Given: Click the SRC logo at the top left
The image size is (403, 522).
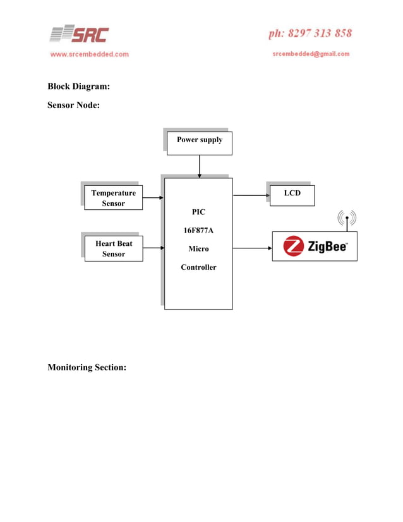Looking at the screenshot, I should [80, 34].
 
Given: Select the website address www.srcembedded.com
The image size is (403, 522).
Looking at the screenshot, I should [90, 54].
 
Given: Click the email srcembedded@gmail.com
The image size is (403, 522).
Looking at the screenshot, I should [311, 54].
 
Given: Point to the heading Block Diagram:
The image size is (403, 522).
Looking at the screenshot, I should [79, 87].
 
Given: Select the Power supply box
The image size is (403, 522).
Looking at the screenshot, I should [199, 143].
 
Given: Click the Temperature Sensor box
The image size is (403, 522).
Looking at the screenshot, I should [114, 198].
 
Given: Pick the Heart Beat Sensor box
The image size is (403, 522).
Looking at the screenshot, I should [114, 248].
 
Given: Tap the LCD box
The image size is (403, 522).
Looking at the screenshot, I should [292, 195].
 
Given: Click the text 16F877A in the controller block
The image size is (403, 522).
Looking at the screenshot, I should [198, 231].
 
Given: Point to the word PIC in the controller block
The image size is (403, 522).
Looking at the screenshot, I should [198, 212].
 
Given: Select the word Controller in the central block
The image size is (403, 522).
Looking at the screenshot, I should [198, 267].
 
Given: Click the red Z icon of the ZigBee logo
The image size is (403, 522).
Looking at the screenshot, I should [294, 246].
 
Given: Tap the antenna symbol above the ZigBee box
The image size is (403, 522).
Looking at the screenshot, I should [347, 220].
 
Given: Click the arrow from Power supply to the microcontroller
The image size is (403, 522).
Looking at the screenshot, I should [199, 166].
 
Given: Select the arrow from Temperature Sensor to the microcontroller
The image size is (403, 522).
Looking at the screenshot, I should [153, 198].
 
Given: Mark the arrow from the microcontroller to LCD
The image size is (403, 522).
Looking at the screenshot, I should [251, 195].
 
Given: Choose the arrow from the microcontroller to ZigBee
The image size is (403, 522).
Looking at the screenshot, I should [252, 248].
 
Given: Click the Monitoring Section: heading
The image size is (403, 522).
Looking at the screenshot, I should [87, 367].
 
